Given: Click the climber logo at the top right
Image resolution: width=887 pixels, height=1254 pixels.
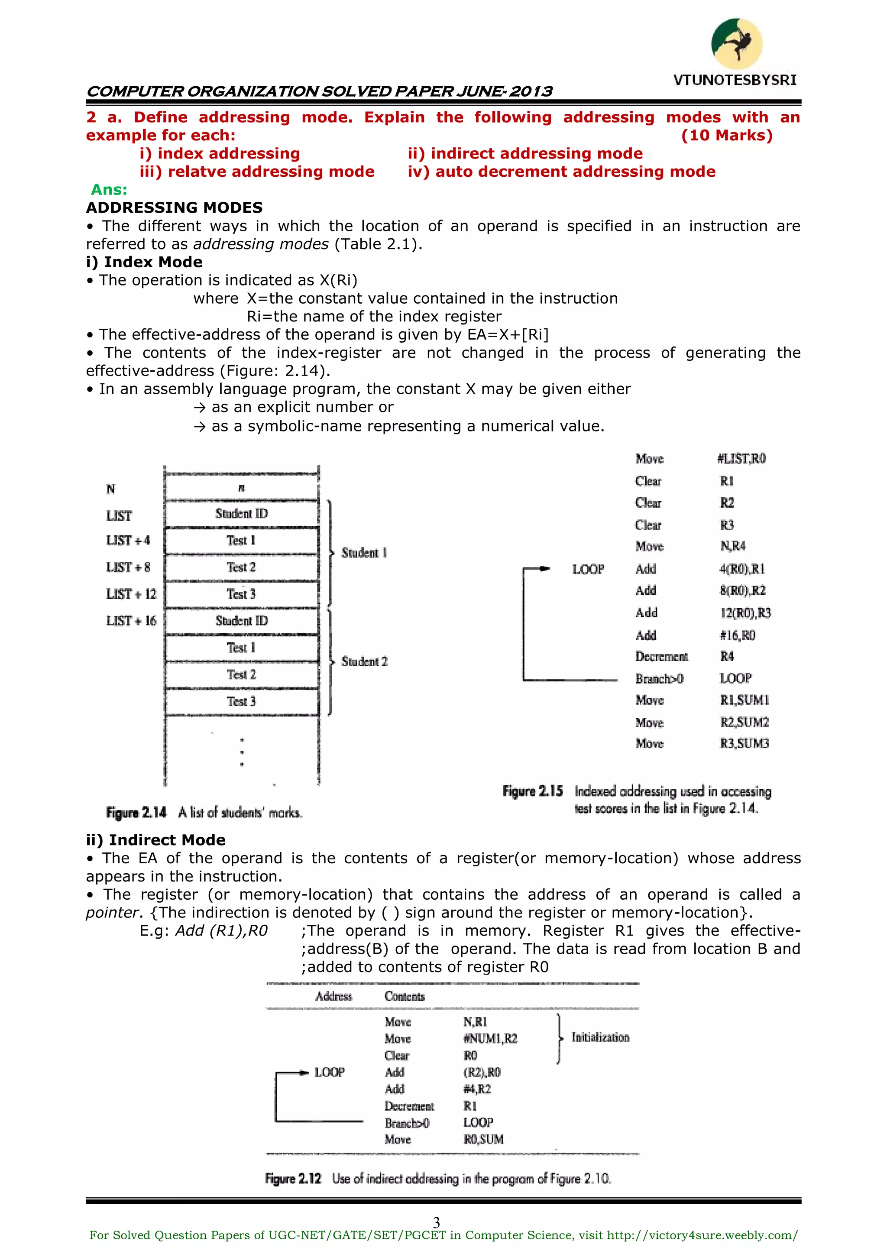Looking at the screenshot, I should [x=736, y=44].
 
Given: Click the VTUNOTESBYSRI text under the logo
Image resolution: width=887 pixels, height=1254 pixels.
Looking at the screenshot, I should [x=735, y=80].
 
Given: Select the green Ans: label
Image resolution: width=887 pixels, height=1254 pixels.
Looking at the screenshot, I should [x=109, y=190].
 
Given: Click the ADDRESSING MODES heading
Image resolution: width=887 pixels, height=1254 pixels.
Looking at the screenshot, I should [x=174, y=207].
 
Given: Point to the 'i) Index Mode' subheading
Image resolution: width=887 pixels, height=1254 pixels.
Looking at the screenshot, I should [x=144, y=262].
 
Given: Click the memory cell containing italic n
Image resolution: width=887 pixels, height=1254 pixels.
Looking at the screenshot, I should [x=241, y=488].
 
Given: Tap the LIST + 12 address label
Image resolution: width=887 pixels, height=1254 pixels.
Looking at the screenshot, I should [x=131, y=594].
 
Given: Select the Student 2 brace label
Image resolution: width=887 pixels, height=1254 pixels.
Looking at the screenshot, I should [x=364, y=661].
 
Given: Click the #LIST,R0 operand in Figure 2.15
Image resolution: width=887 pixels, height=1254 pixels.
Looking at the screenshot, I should [x=741, y=459].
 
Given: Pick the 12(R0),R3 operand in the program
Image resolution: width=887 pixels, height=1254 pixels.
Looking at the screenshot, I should [x=745, y=613].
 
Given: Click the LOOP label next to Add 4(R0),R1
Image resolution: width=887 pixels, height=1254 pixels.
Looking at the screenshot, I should [x=588, y=569].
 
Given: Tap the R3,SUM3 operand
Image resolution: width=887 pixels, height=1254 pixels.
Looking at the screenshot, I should [x=744, y=743].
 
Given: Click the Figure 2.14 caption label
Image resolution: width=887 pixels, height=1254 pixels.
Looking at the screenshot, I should [x=136, y=813].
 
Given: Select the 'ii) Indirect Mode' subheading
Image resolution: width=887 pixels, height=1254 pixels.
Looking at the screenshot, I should [x=155, y=840].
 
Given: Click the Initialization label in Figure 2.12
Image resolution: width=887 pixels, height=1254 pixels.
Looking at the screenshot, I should [x=600, y=1037].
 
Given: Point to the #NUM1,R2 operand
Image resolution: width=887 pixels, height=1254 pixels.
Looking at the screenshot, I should [x=490, y=1038].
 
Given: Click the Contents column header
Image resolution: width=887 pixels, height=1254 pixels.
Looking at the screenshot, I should [x=404, y=996].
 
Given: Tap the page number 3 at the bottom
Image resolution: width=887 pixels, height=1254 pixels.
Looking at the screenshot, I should [x=437, y=1222].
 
